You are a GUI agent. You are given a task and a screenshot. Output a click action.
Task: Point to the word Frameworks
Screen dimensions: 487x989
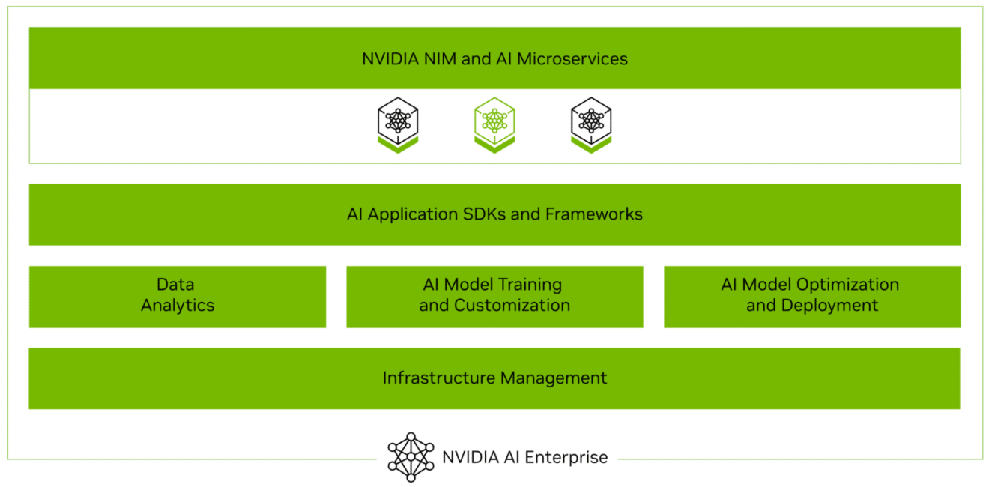[593, 214]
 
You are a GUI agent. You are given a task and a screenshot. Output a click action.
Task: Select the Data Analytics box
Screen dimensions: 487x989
[178, 296]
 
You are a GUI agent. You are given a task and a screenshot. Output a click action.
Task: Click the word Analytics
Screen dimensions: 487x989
[178, 306]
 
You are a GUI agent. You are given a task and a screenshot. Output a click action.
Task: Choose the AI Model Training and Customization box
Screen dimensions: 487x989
[494, 296]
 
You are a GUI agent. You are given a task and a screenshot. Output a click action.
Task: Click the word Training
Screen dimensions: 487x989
[528, 285]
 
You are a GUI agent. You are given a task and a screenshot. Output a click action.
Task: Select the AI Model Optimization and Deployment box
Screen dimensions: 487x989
[811, 296]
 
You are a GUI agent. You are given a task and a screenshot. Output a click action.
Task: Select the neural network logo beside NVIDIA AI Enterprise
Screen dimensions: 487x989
[411, 456]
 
